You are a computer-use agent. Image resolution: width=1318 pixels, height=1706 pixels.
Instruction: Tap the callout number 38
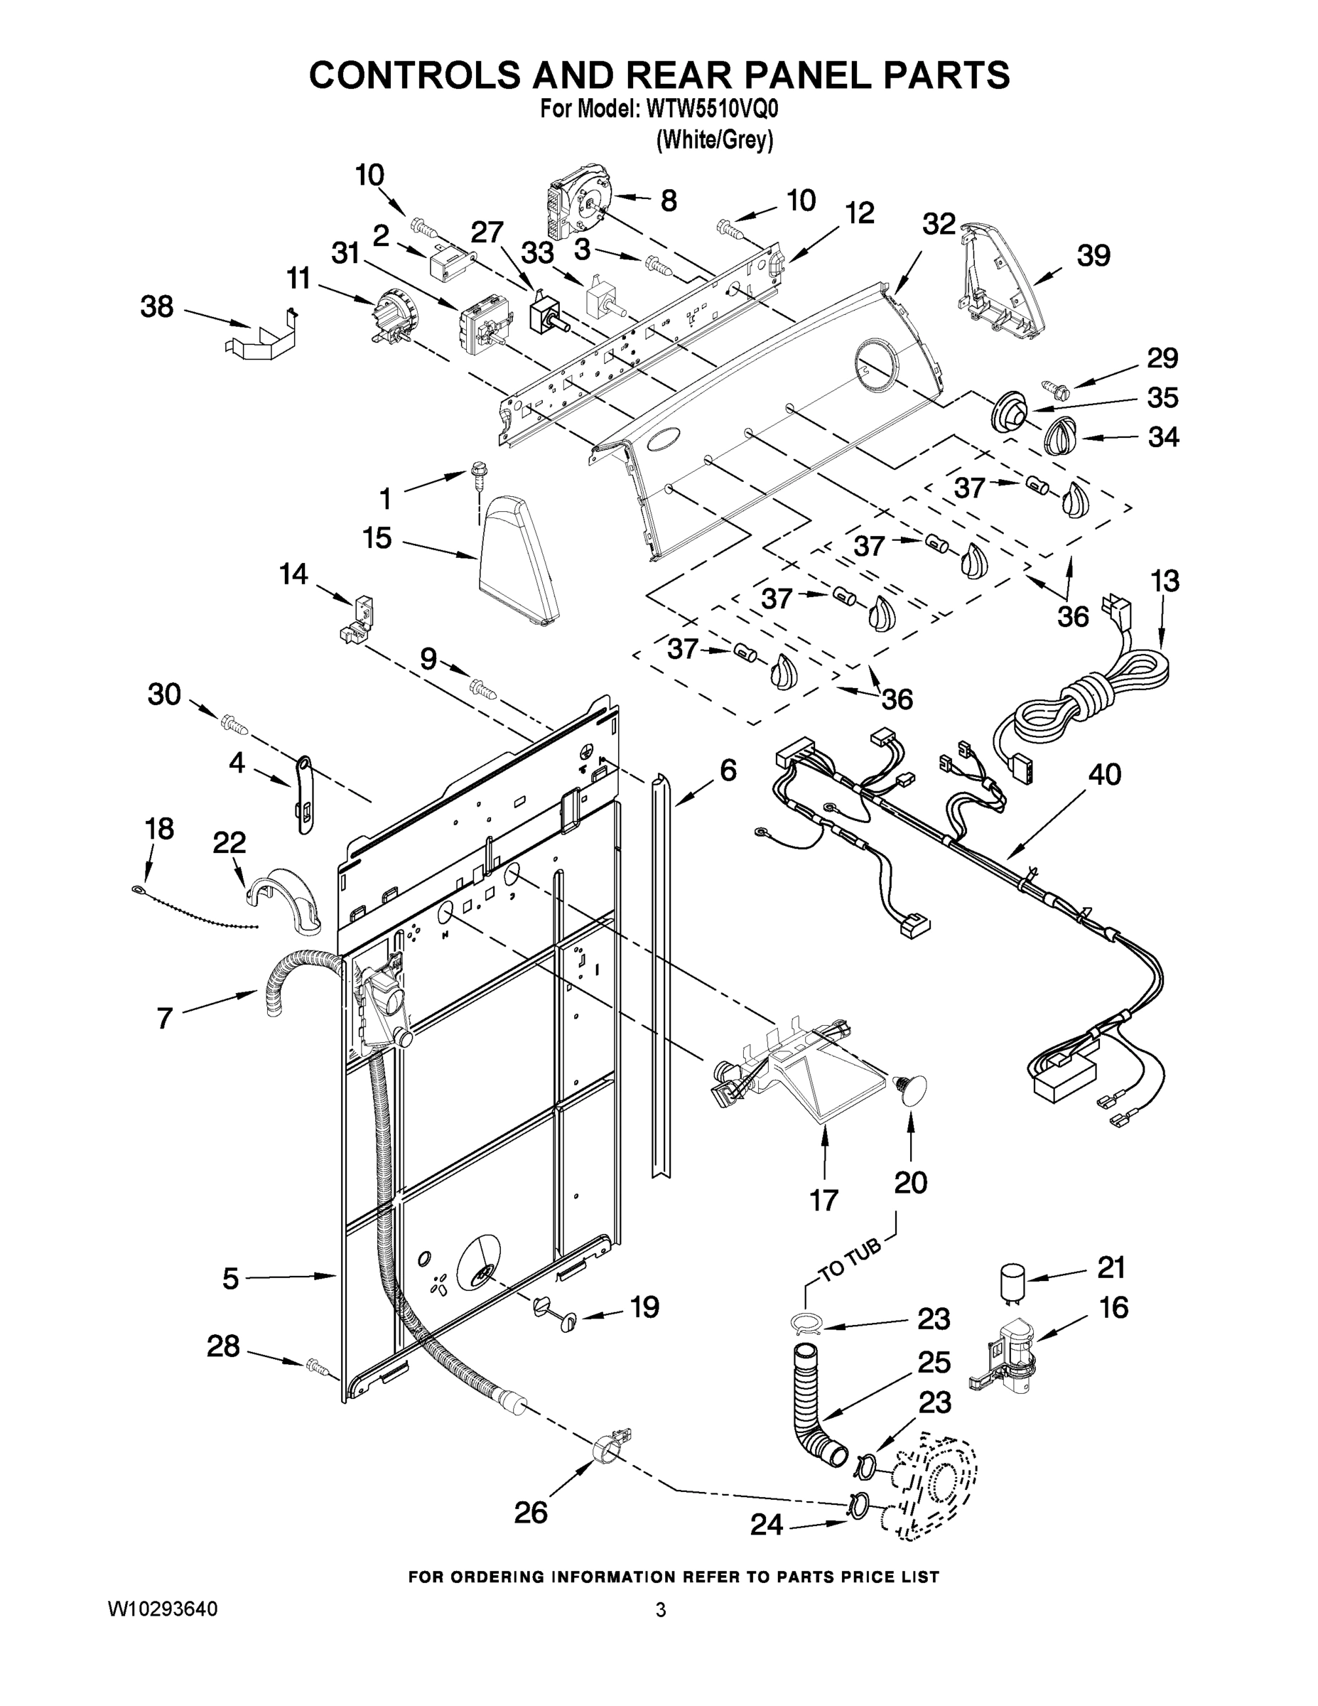click(156, 307)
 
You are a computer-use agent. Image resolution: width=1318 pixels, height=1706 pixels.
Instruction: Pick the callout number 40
click(1104, 774)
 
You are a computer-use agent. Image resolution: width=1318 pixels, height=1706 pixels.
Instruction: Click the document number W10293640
click(163, 1609)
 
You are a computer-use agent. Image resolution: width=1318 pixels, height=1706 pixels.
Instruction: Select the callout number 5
click(230, 1279)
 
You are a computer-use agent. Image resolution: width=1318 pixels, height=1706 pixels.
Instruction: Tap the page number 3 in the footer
click(661, 1610)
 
